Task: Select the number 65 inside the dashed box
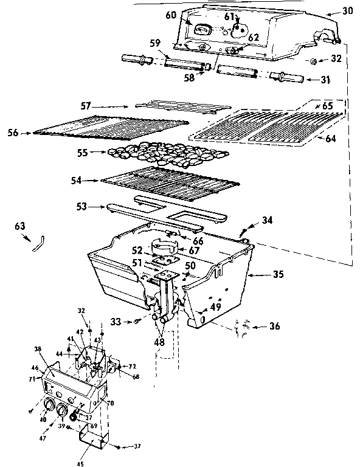pos(327,105)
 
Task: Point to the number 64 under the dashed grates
pos(329,139)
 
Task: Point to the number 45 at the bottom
pos(81,463)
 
